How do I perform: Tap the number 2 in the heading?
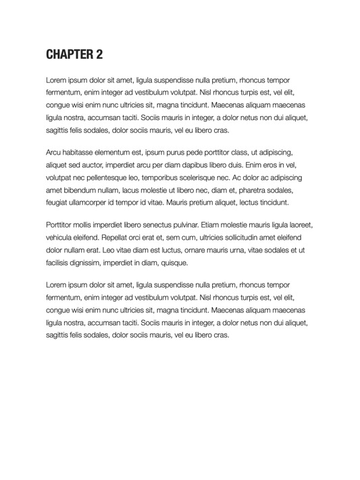[x=99, y=54]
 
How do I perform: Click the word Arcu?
[x=54, y=153]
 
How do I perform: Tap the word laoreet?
[x=299, y=225]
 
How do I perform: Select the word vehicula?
[x=61, y=238]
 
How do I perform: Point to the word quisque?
[x=174, y=263]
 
